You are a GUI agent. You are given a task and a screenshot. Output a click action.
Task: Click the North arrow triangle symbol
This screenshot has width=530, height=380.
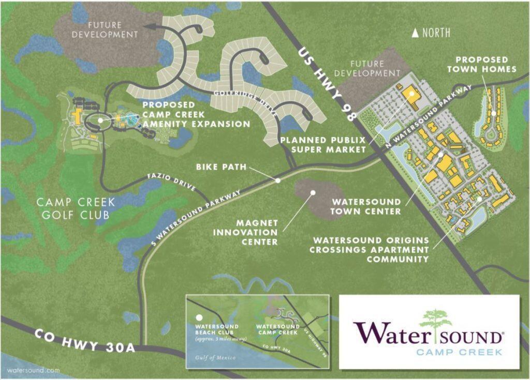tap(415, 33)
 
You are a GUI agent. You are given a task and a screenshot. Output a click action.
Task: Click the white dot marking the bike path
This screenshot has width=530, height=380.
tap(278, 180)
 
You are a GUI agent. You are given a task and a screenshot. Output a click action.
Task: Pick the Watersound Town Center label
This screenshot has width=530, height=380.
tap(366, 206)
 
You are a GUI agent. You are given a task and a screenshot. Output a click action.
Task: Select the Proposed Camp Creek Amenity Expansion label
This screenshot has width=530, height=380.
tap(196, 114)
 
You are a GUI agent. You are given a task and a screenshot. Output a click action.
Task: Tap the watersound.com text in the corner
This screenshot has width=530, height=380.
tap(31, 370)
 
